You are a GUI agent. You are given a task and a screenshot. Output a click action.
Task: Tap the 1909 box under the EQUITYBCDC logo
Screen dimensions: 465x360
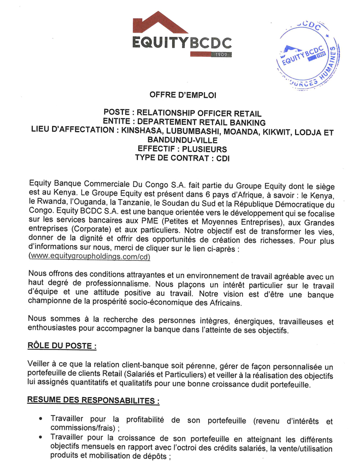click(223, 54)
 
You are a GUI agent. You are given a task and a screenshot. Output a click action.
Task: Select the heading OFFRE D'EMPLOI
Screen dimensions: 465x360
click(182, 95)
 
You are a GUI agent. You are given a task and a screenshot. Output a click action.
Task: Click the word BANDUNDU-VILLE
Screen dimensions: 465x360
click(182, 140)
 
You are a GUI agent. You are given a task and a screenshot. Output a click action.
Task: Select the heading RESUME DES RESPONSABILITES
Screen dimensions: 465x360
click(93, 400)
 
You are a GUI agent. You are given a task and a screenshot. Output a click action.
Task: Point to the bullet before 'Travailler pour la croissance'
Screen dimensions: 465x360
click(41, 439)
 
